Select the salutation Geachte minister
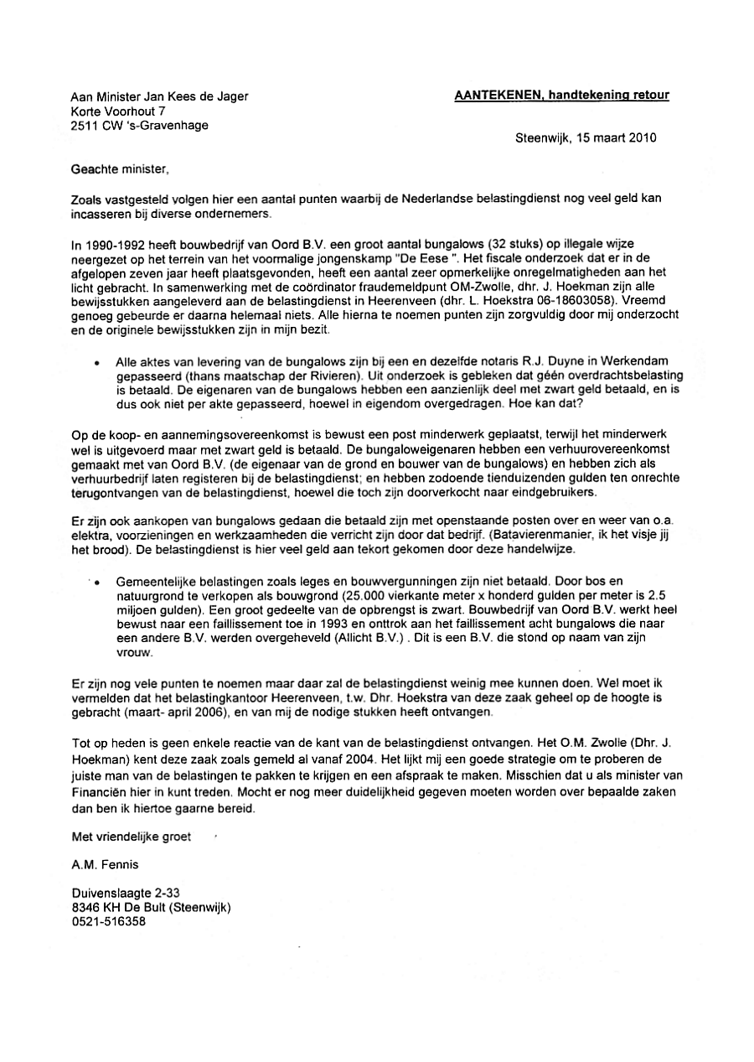121,168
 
